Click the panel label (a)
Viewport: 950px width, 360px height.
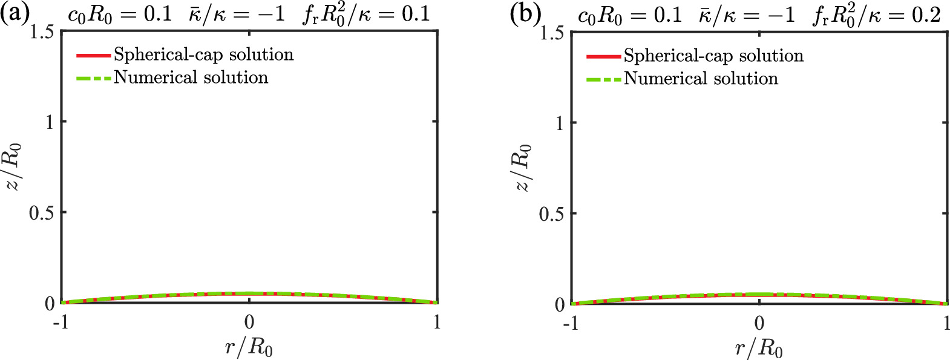[15, 13]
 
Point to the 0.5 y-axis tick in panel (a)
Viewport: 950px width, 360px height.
[41, 212]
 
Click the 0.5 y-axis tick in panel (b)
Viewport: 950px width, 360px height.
[551, 214]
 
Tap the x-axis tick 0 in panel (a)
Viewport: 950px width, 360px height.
[249, 322]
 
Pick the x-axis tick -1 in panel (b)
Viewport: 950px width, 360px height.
[571, 324]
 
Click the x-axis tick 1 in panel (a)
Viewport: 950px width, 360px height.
[437, 322]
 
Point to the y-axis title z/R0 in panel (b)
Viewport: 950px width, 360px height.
[523, 168]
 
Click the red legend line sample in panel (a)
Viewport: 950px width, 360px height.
[94, 56]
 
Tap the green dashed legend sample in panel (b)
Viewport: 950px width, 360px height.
[603, 79]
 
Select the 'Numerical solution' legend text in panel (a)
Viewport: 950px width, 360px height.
[191, 78]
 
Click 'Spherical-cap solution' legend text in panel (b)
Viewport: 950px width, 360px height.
[713, 56]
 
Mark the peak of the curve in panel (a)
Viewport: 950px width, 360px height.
[249, 293]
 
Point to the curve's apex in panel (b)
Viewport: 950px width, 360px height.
[759, 295]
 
